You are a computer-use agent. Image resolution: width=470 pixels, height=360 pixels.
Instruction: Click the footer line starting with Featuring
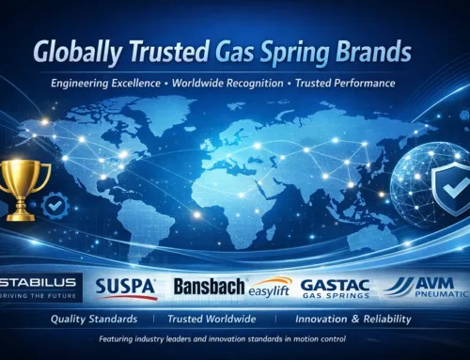235,340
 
